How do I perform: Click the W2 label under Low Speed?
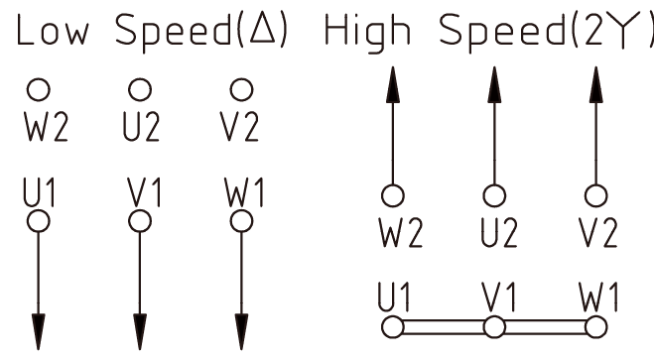pyautogui.click(x=40, y=130)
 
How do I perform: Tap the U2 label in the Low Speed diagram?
pyautogui.click(x=140, y=130)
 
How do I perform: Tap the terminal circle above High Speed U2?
pyautogui.click(x=491, y=194)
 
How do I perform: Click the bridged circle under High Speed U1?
pyautogui.click(x=393, y=325)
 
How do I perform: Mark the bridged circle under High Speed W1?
pyautogui.click(x=594, y=325)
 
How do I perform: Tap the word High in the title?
pyautogui.click(x=368, y=32)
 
